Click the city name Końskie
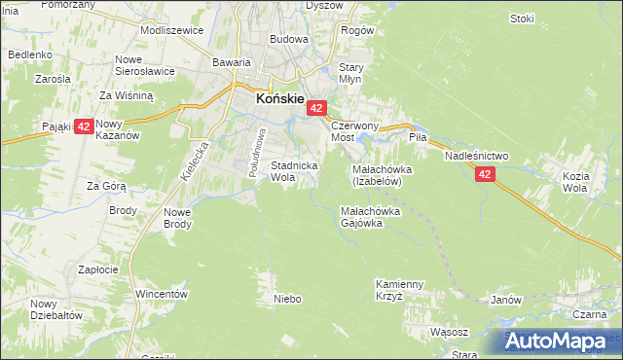(280, 98)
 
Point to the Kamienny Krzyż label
(400, 290)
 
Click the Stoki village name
(522, 18)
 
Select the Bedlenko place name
(30, 54)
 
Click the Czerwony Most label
(354, 132)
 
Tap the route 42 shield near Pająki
(84, 126)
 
